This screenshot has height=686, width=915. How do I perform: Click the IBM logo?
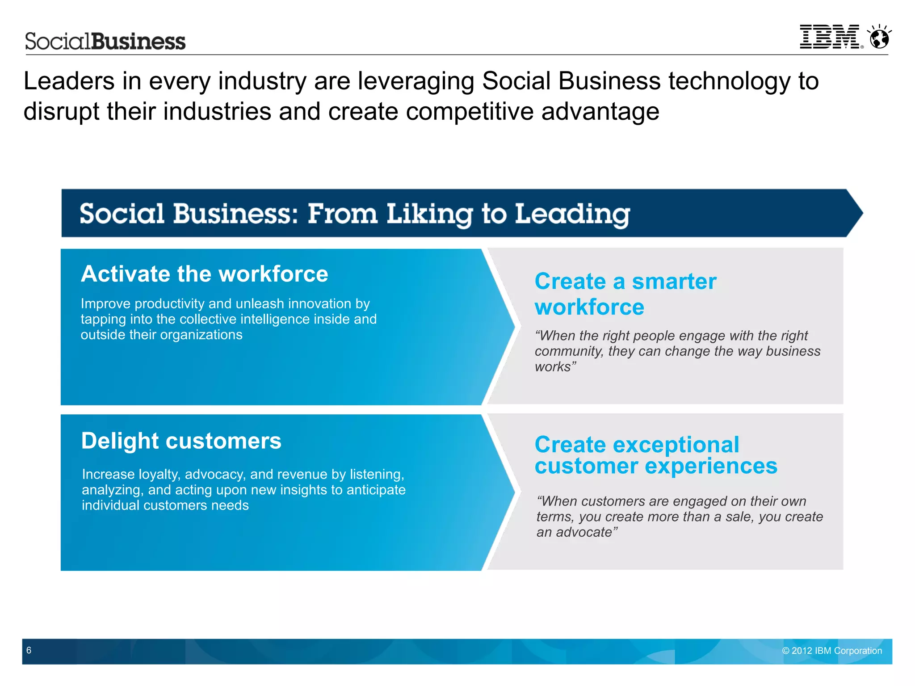[829, 37]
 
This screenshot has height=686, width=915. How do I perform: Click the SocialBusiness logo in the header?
[105, 41]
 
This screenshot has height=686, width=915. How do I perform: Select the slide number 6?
[29, 650]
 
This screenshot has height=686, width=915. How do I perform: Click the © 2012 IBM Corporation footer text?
[832, 651]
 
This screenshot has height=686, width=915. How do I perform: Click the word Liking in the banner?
[429, 214]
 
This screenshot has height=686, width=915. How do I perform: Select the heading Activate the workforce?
[204, 274]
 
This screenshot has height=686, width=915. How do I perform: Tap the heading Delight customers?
[181, 441]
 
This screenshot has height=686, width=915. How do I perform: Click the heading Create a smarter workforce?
[625, 294]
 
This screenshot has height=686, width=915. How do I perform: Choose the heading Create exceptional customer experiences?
[655, 455]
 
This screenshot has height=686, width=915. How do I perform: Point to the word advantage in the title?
[600, 111]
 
